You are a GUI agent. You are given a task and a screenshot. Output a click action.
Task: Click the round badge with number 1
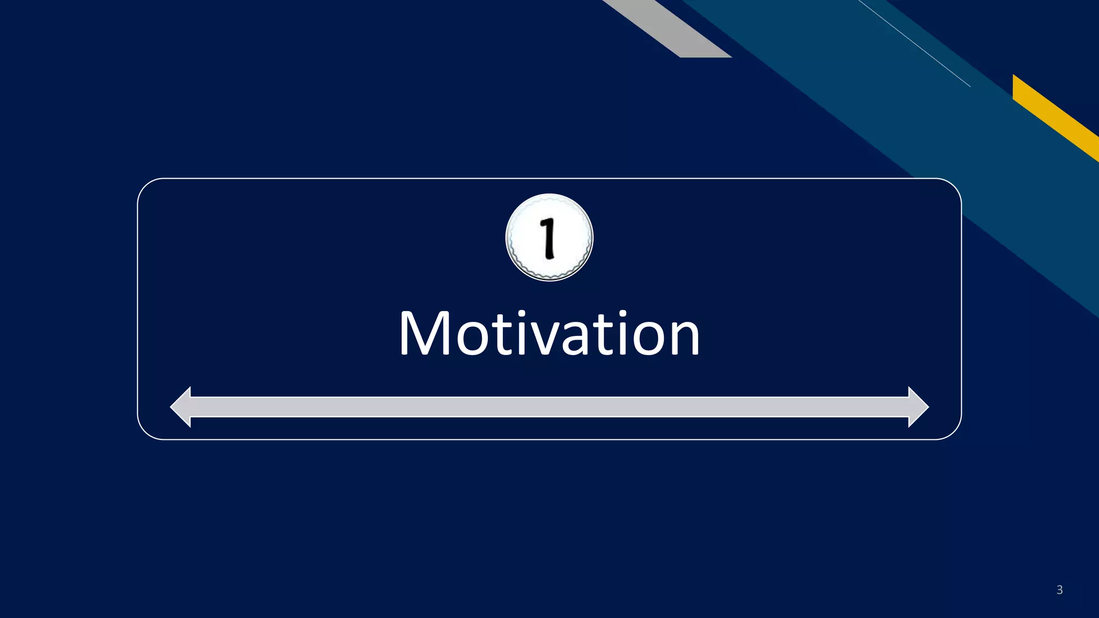[x=549, y=237]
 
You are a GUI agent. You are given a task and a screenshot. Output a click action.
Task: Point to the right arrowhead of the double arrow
[x=918, y=407]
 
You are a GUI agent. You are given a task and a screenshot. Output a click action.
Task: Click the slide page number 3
[x=1059, y=590]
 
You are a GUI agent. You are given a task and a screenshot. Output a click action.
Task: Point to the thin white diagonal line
[x=914, y=43]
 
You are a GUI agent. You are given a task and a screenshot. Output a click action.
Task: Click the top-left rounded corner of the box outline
[x=145, y=186]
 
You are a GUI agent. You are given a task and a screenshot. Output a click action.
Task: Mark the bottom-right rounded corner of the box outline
[x=954, y=432]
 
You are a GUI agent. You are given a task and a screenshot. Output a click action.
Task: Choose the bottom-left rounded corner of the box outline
[x=145, y=432]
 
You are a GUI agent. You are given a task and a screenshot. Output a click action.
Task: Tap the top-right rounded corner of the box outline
[x=954, y=186]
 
